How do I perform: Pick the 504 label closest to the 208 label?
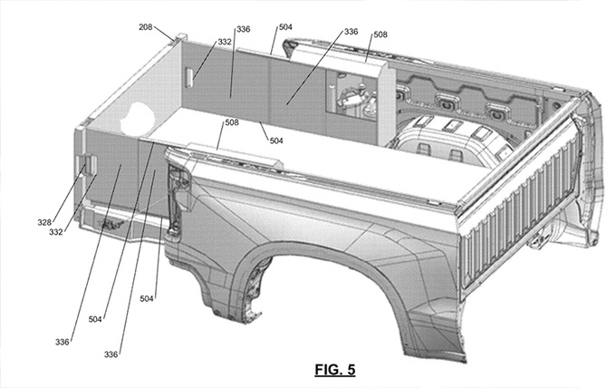pos(284,28)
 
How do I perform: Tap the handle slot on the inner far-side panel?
pos(188,79)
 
